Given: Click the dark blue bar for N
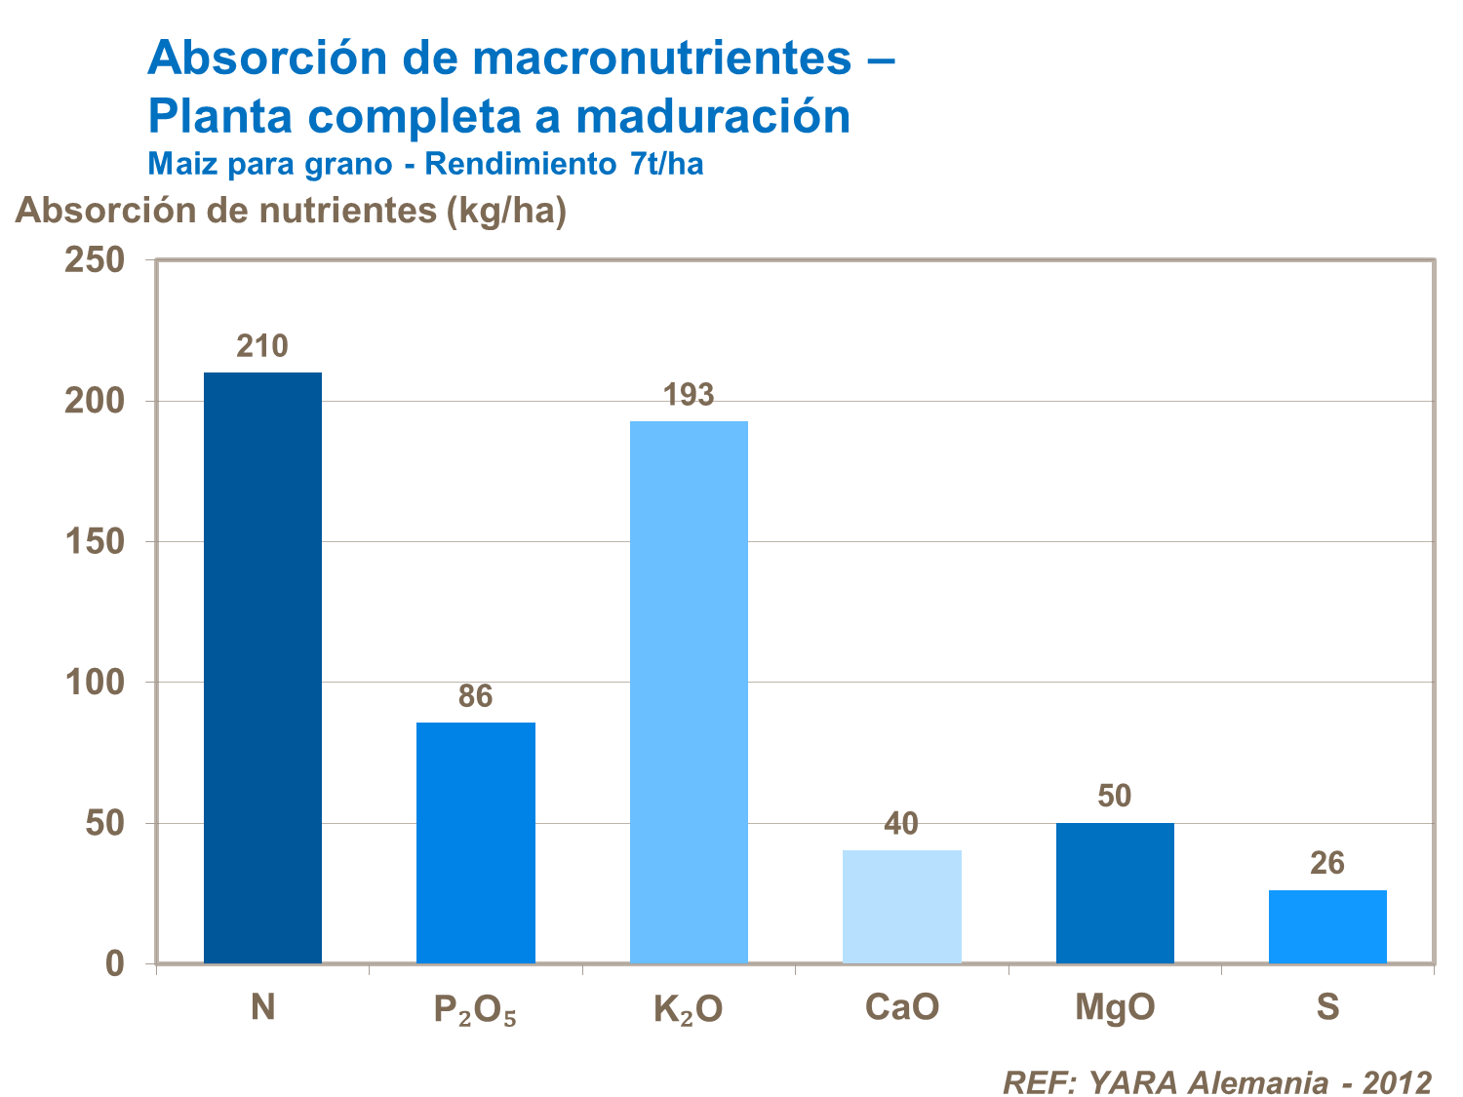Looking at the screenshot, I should (x=262, y=668).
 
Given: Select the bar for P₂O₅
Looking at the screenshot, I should (x=476, y=842).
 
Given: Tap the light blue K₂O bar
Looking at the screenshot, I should (x=689, y=692).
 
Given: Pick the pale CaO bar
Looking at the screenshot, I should (x=902, y=907).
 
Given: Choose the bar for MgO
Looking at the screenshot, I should (x=1115, y=893).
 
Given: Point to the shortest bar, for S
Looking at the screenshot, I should (x=1327, y=926).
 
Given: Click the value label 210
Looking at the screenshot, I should (x=262, y=346).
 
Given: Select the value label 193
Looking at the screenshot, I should (x=689, y=395).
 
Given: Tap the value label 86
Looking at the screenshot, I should (x=476, y=696).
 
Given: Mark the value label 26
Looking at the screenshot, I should (x=1327, y=863).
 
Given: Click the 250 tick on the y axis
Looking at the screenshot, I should (x=95, y=260).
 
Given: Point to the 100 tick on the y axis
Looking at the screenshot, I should (x=95, y=683).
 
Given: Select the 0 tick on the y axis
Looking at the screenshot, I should (x=115, y=963).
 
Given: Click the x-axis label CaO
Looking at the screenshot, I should (x=902, y=1007).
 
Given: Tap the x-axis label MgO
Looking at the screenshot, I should (x=1115, y=1007).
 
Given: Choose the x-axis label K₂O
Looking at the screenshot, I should (x=689, y=1009).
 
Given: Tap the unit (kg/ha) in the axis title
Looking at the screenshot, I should (x=505, y=211).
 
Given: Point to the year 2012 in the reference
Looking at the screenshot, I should (x=1398, y=1082).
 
